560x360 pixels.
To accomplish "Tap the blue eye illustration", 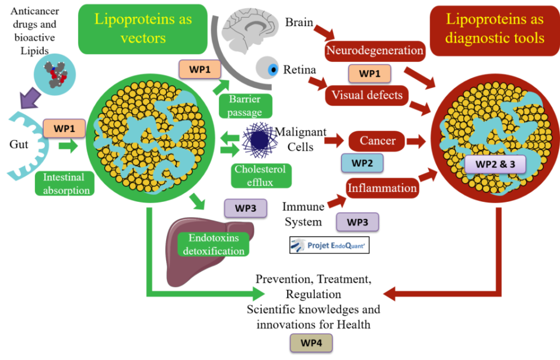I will pos(270,69).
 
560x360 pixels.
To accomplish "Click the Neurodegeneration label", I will pos(374,51).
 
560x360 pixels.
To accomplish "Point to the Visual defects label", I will pos(367,95).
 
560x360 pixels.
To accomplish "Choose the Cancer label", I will pos(377,141).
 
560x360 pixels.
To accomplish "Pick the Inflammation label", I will pos(382,188).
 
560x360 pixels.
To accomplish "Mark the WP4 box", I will pos(311,343).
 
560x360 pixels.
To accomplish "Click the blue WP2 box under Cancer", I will pos(362,163).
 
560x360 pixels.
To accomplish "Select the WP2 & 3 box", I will pos(495,164).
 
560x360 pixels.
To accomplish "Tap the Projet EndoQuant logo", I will pos(330,245).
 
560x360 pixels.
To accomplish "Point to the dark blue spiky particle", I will pos(260,140).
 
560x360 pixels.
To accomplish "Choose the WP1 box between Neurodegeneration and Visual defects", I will pos(370,74).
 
